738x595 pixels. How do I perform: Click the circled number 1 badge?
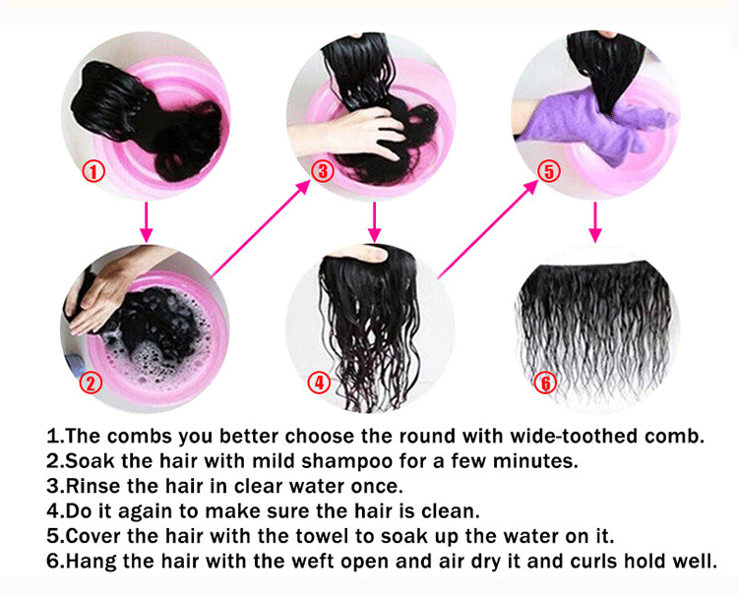point(93,171)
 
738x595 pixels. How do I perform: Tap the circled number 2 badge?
point(91,383)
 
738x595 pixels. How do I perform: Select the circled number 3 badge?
point(323,171)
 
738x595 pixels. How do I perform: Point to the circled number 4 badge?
point(320,383)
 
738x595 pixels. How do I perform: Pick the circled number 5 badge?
point(549,171)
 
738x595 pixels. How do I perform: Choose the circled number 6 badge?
point(545,383)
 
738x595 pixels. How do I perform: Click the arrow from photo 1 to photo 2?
point(147,222)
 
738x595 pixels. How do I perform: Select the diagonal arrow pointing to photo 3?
point(261,228)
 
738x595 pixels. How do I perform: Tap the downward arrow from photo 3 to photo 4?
point(374,222)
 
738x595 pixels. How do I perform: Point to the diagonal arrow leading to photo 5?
point(488,228)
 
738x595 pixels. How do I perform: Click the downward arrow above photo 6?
point(595,222)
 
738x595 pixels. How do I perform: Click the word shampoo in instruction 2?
point(347,462)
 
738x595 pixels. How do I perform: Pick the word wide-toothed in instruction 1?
point(575,436)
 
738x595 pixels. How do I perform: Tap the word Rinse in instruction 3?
point(93,486)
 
